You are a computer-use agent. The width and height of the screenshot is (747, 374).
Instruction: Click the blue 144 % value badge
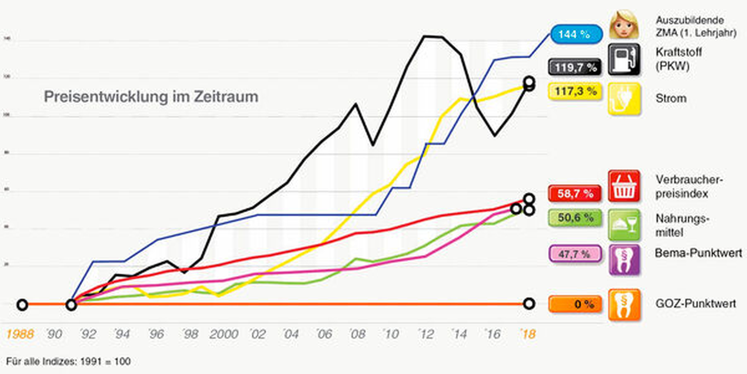tap(576, 34)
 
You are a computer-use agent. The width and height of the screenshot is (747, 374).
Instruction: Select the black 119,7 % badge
tap(575, 67)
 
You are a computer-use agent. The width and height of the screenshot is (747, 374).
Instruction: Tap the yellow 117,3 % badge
tap(575, 91)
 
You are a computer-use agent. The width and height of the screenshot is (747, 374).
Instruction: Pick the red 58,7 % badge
tap(575, 193)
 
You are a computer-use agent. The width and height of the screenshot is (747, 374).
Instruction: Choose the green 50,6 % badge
tap(575, 218)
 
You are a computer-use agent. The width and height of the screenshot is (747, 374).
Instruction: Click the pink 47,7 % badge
tap(575, 254)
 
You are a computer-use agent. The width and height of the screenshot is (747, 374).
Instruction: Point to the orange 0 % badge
tap(575, 304)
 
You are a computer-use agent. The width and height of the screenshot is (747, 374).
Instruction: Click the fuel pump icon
tap(624, 59)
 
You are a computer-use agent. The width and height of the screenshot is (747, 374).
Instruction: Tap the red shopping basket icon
tap(624, 186)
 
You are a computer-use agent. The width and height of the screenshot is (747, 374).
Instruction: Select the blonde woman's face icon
tap(624, 24)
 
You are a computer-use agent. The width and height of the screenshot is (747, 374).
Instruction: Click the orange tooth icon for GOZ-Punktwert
tap(624, 305)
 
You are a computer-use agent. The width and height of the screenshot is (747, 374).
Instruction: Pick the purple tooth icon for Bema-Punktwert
tap(624, 259)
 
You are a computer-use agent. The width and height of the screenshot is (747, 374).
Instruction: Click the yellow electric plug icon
tap(624, 99)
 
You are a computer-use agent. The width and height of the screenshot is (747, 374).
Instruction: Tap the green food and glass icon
tap(624, 225)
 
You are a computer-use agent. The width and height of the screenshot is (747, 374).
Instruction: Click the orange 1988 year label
tap(20, 334)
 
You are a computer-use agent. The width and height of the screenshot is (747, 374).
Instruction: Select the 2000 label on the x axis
tap(224, 334)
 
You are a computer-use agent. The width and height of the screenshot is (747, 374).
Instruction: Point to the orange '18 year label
tap(528, 334)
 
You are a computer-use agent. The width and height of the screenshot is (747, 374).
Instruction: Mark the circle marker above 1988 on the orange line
tap(22, 305)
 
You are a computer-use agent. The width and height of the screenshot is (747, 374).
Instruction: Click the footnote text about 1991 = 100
tap(68, 361)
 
